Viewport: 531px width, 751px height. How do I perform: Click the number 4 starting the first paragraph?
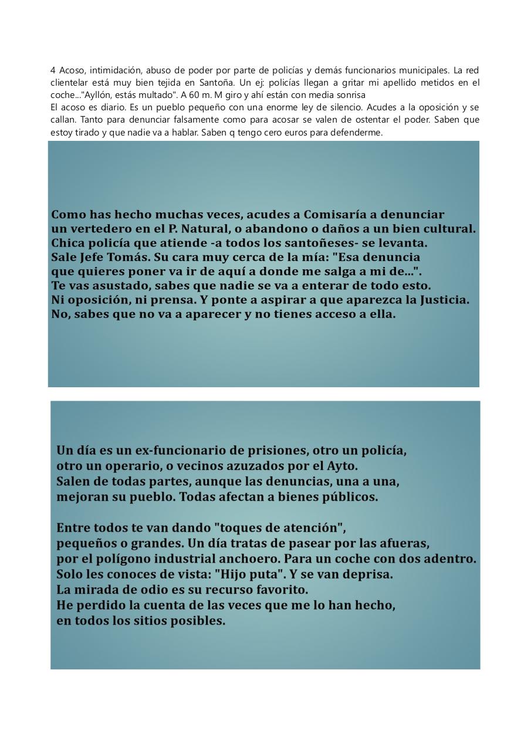53,70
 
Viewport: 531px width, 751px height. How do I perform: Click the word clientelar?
69,83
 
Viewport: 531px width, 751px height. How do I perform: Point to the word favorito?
274,589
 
